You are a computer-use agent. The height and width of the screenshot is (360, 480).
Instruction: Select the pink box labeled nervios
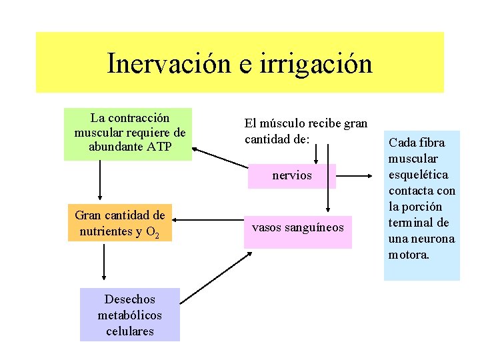tap(292, 176)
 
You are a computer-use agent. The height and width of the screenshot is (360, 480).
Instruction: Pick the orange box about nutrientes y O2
tap(120, 223)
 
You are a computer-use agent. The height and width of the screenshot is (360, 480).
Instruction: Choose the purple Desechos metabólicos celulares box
tap(129, 314)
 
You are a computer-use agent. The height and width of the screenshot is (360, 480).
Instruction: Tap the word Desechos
tap(129, 299)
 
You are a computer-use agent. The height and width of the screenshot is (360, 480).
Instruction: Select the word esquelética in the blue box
tap(421, 175)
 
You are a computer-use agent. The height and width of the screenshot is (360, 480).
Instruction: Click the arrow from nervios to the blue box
tap(356, 177)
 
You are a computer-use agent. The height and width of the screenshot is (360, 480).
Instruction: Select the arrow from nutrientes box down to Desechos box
tap(104, 260)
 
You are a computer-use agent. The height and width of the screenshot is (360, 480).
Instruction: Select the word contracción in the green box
tap(139, 118)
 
